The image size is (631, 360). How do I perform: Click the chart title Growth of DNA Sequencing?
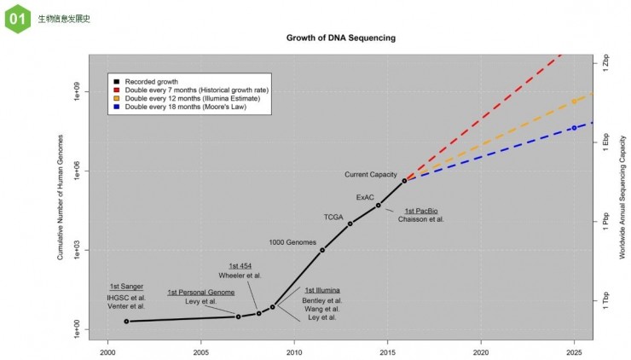(340, 38)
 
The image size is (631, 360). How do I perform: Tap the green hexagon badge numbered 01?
(17, 18)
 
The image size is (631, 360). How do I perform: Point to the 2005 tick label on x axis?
(200, 351)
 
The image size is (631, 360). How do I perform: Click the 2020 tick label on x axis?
(481, 351)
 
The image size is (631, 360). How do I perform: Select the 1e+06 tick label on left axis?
(76, 171)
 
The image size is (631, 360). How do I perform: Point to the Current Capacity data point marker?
(404, 181)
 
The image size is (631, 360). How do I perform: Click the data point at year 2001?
(126, 322)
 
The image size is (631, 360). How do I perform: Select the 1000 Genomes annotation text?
(292, 242)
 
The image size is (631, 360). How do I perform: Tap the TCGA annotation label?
(333, 217)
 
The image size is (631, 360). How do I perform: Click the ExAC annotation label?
(365, 197)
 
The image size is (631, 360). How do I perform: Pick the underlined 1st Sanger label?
(126, 287)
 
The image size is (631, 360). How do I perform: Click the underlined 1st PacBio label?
(420, 211)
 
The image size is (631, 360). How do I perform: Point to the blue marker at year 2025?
(574, 128)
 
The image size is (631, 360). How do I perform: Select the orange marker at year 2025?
(574, 102)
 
